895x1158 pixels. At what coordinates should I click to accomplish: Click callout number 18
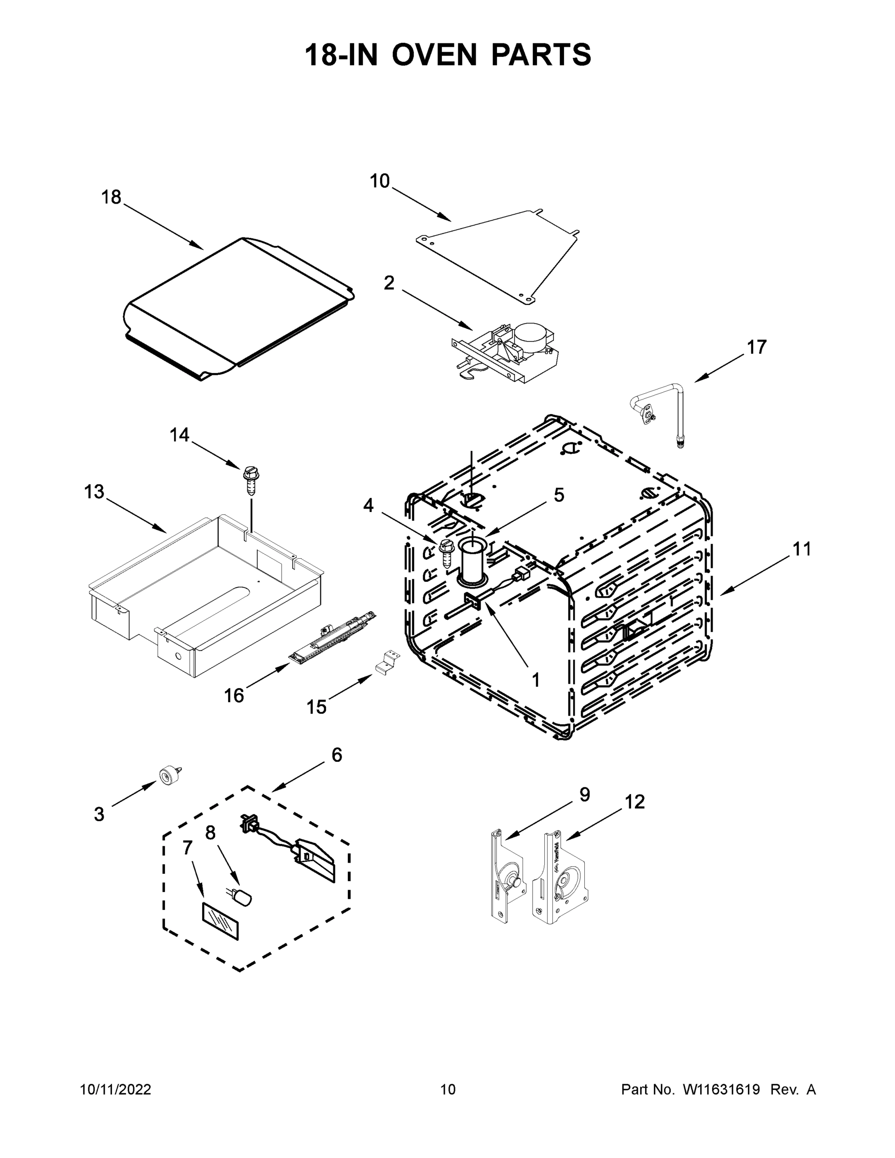tap(111, 197)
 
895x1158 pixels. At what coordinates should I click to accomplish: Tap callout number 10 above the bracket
tap(380, 181)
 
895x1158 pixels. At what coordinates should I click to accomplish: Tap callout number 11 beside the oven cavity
tap(802, 549)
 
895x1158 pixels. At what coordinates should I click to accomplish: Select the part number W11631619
tap(721, 1090)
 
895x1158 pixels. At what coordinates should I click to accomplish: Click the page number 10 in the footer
tap(448, 1090)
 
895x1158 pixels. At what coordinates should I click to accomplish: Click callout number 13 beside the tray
tap(94, 492)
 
